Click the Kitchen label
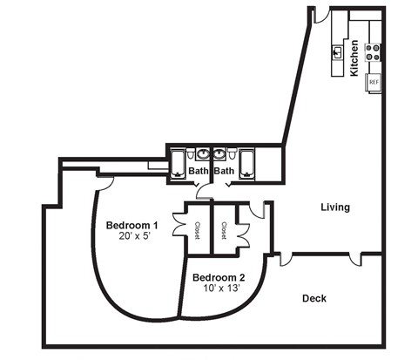coord(354,58)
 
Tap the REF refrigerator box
coord(374,82)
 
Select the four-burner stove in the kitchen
coord(374,52)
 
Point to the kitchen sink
coord(336,51)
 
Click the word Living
coord(335,207)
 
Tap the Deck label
coord(314,298)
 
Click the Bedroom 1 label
coord(131,226)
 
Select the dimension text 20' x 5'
coord(131,237)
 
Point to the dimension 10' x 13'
coord(219,289)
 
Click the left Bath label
coord(199,171)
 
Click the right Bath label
coord(225,171)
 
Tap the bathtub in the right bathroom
coord(248,162)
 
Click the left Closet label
coord(199,229)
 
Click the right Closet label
coord(225,229)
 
